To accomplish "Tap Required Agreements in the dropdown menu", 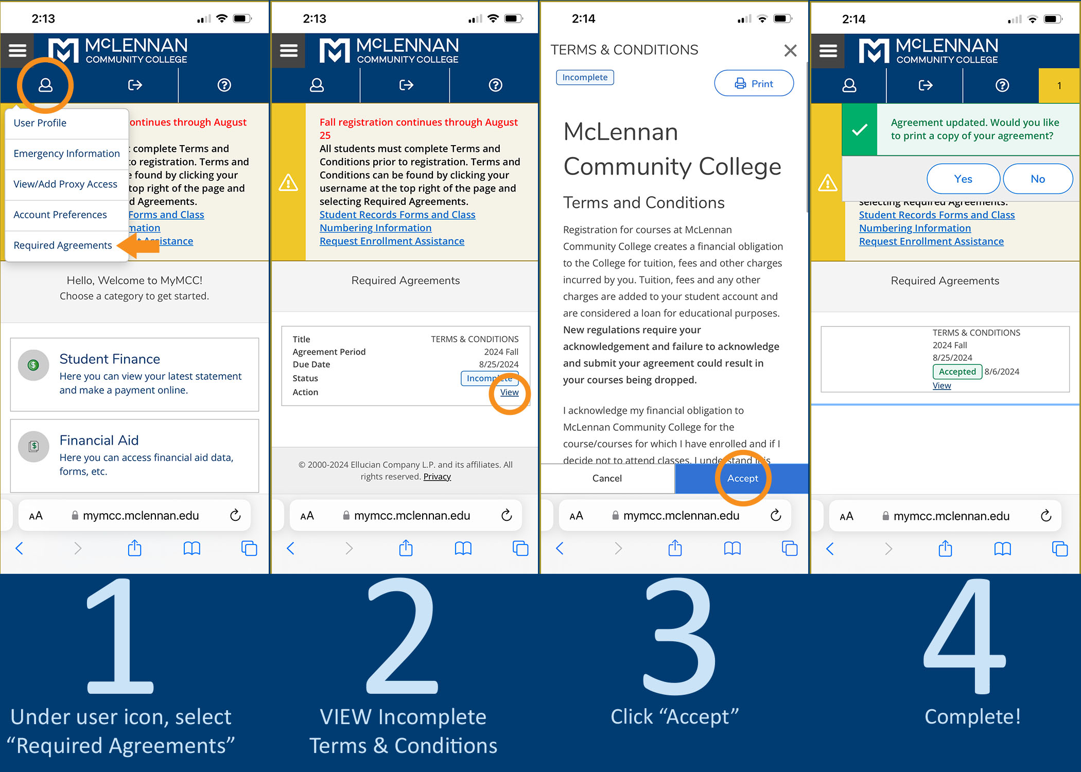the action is point(62,245).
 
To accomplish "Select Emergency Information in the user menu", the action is point(66,153).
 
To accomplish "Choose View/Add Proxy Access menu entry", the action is point(65,184).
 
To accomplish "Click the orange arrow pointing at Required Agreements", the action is point(138,245).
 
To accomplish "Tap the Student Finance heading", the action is point(110,359).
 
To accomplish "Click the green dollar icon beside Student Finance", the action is point(33,365).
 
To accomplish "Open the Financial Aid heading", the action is point(99,440).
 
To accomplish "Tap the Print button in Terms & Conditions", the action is point(754,83).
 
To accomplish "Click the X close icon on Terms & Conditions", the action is point(790,50).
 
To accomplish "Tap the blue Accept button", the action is point(742,478).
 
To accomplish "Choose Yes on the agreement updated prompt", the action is point(963,179).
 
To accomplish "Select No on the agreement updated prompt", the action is point(1038,179).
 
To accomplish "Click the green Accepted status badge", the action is point(957,372).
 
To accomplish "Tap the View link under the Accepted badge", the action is point(941,385).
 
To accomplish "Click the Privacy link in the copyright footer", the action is point(437,477).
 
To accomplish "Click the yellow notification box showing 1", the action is point(1059,85).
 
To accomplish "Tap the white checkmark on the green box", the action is point(859,130).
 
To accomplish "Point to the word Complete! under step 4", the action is point(972,716).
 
